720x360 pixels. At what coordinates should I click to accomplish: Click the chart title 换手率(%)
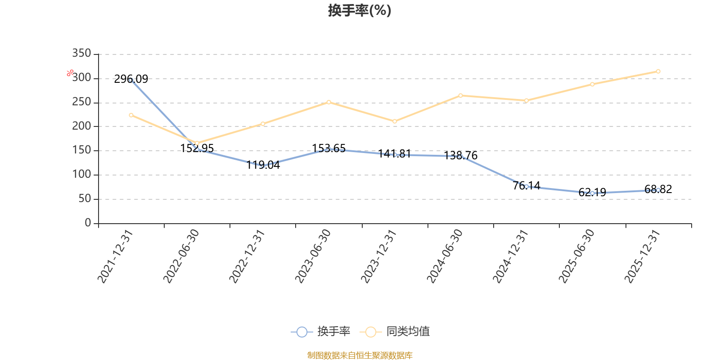(360, 10)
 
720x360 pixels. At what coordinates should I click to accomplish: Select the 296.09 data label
(131, 79)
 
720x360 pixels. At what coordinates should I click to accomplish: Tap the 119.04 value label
(263, 165)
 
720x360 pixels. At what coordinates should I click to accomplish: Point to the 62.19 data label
(592, 192)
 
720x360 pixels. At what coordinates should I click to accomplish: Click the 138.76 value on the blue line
(461, 156)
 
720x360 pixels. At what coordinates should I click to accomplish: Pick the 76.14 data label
(526, 185)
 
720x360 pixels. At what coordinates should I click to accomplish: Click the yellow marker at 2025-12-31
(658, 72)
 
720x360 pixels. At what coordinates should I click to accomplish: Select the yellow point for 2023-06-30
(329, 102)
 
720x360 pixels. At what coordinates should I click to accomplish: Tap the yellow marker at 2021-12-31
(131, 115)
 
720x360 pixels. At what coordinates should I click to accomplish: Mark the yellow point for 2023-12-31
(395, 121)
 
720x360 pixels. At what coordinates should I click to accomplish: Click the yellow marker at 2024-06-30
(461, 95)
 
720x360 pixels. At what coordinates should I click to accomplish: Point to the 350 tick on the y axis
(81, 53)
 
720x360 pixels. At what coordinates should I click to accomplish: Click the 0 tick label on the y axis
(88, 222)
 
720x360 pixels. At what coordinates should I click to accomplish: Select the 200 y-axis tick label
(81, 126)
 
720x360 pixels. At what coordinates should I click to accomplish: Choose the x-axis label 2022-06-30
(181, 256)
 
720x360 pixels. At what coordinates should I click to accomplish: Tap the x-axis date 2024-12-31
(511, 256)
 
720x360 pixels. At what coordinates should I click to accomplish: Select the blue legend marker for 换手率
(302, 332)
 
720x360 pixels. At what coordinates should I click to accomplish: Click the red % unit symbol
(70, 73)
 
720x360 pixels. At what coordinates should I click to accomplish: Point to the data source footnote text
(360, 355)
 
